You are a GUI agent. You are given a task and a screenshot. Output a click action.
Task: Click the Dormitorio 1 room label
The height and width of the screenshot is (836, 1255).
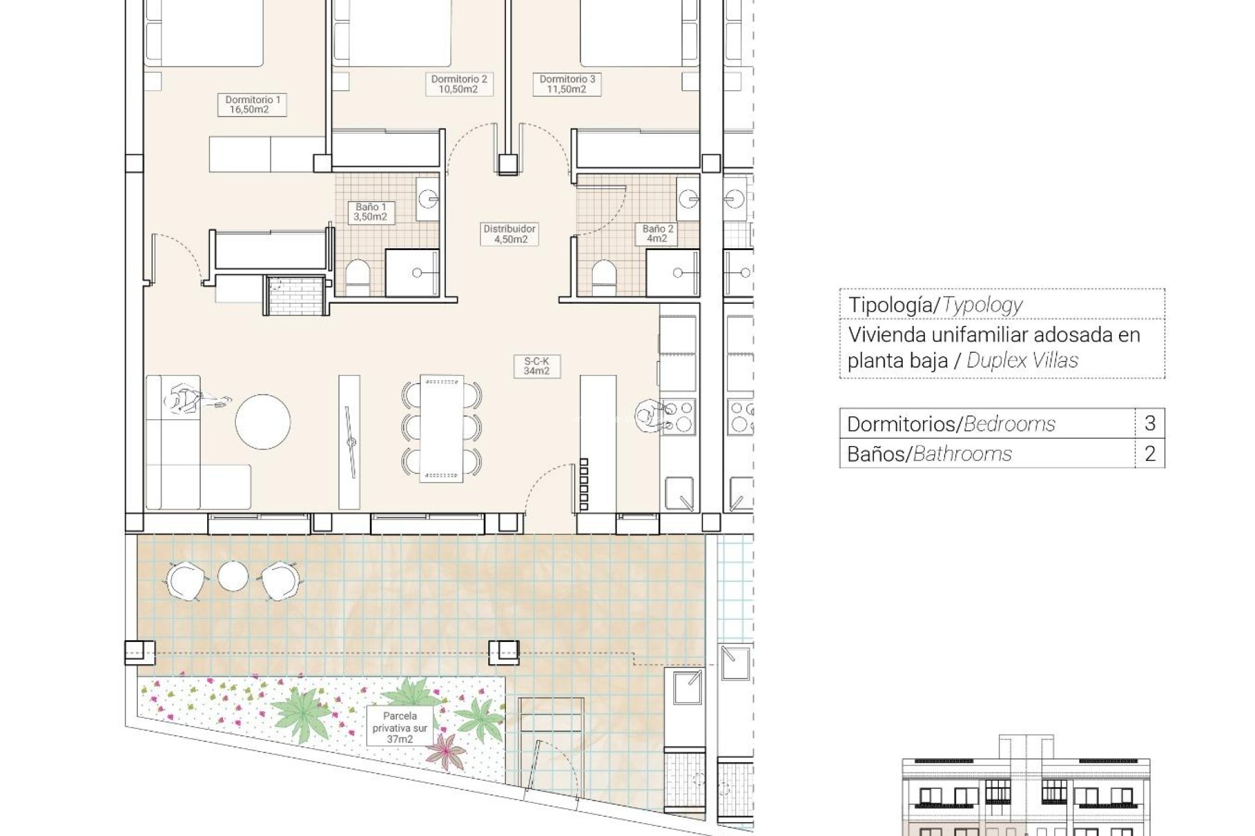pos(252,104)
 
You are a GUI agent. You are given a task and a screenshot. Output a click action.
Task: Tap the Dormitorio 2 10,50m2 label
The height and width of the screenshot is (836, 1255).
pos(458,84)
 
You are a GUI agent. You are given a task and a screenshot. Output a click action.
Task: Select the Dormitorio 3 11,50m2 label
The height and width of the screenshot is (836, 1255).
pos(567,84)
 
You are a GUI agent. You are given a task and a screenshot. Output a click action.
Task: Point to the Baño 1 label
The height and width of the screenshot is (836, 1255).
pos(371,212)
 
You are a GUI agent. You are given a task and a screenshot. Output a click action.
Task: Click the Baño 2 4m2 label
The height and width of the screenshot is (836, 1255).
pos(658,234)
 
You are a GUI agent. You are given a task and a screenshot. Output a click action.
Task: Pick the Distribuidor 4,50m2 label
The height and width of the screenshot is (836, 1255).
pos(510,234)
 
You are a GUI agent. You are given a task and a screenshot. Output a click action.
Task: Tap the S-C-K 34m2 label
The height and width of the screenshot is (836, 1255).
pos(537,366)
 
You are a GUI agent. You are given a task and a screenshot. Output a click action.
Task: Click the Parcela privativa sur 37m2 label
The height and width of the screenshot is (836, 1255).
pos(400,728)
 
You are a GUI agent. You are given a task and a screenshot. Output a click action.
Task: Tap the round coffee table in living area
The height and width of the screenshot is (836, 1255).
pos(263,422)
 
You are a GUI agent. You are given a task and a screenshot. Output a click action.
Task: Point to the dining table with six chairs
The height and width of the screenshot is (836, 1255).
pos(442,428)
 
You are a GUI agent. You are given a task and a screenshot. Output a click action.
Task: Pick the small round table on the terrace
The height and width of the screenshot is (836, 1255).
pos(233,576)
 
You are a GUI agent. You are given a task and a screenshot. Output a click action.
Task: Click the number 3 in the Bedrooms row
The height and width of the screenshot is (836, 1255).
pos(1150,423)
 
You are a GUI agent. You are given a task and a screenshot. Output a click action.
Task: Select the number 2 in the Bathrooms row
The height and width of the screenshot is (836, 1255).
pos(1150,453)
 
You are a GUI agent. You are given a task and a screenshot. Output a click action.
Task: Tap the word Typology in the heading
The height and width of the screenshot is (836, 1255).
pos(982,305)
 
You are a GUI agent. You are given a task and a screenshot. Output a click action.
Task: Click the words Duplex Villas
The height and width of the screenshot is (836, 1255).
pos(1022,360)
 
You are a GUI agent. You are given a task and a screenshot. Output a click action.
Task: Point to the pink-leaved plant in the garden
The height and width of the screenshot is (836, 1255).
pos(446,750)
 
